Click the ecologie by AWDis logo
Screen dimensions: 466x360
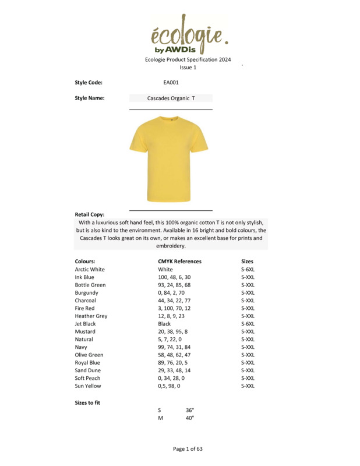[x=187, y=34]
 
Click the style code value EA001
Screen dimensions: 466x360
[x=171, y=83]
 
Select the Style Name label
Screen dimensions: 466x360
[x=90, y=98]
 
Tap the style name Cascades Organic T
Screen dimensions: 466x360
[x=171, y=98]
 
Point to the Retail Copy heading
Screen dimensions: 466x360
[x=90, y=214]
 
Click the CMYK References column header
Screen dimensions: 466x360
[x=179, y=262]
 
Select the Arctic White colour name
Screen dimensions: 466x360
[x=90, y=270]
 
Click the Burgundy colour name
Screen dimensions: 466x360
[x=87, y=293]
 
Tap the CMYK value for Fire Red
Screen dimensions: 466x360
[x=174, y=308]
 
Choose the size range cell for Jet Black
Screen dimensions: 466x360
[x=248, y=324]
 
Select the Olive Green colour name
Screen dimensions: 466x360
[x=89, y=355]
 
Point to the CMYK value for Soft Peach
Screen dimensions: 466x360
[x=171, y=378]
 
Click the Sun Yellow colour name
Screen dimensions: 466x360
[x=88, y=386]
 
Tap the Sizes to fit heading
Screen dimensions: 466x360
[x=87, y=403]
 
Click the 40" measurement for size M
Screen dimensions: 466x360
[x=190, y=418]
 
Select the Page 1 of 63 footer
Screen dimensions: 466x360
[x=188, y=449]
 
